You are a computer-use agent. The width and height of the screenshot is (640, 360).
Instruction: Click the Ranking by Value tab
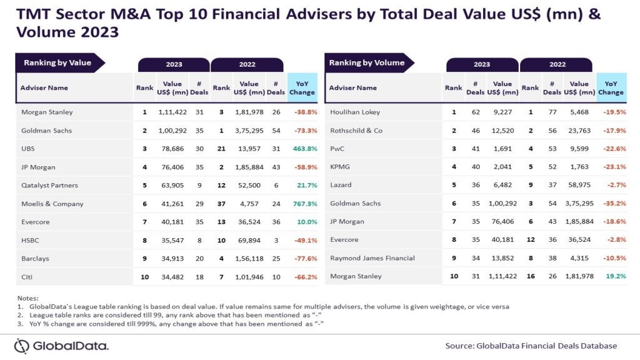point(57,62)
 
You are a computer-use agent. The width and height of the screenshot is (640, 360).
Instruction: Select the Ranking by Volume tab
point(367,62)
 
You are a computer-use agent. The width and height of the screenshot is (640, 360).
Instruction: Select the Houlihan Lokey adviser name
point(354,112)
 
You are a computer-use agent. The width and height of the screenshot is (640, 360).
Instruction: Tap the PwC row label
point(337,149)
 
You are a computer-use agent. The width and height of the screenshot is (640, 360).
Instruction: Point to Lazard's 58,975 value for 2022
point(579,185)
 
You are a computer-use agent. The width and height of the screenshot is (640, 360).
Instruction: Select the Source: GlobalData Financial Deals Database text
point(531,346)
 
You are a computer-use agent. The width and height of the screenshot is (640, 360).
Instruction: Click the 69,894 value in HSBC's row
point(249,239)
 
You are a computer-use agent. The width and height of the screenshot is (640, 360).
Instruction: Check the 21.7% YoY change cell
point(304,186)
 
